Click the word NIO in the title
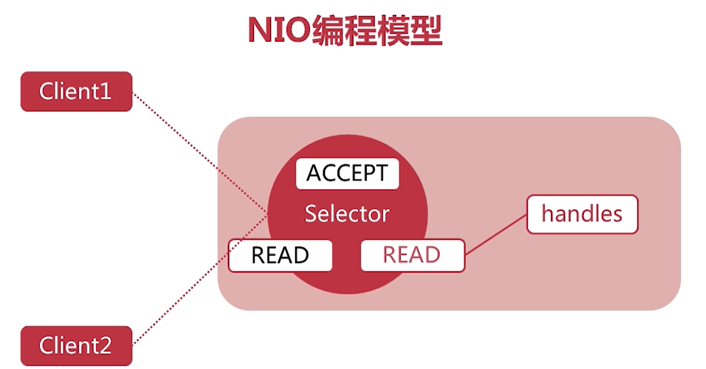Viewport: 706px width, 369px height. (x=279, y=31)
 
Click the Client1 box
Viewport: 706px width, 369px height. (x=76, y=92)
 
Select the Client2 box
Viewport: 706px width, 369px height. (x=76, y=346)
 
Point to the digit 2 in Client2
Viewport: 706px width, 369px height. (x=105, y=346)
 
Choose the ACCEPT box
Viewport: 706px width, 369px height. (x=347, y=174)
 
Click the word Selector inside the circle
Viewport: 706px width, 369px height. (x=347, y=213)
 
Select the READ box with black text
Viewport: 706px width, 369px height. (x=280, y=255)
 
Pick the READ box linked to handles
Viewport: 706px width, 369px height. (x=412, y=255)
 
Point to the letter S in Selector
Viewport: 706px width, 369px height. (x=310, y=213)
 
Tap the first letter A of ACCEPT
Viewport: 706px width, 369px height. (x=314, y=174)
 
